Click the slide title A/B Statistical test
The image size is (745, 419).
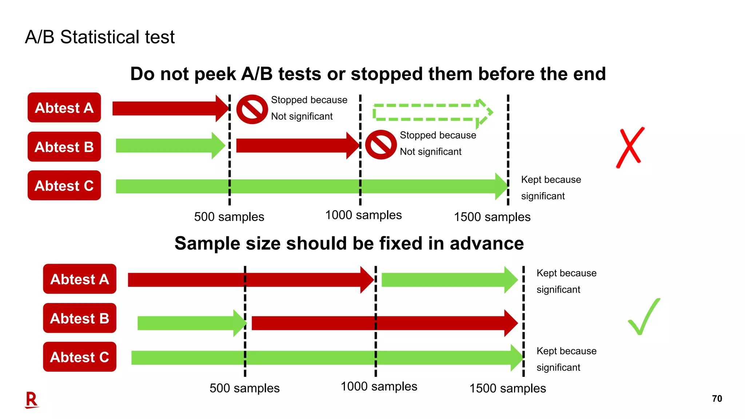point(100,37)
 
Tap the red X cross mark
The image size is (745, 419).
point(630,147)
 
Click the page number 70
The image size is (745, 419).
point(717,399)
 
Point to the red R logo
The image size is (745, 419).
point(32,400)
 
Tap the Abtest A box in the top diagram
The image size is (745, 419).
point(64,108)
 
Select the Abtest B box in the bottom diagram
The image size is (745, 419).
point(79,318)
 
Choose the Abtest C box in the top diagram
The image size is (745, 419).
point(64,185)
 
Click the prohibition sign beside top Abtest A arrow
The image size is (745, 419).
point(252,109)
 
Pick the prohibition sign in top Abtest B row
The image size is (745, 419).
point(381,145)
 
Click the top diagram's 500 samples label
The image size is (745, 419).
point(229,217)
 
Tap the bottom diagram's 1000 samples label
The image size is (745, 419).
point(379,386)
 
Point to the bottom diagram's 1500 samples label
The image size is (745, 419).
point(507,388)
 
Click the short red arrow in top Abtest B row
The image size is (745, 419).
point(296,145)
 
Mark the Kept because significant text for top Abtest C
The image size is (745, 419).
point(550,188)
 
